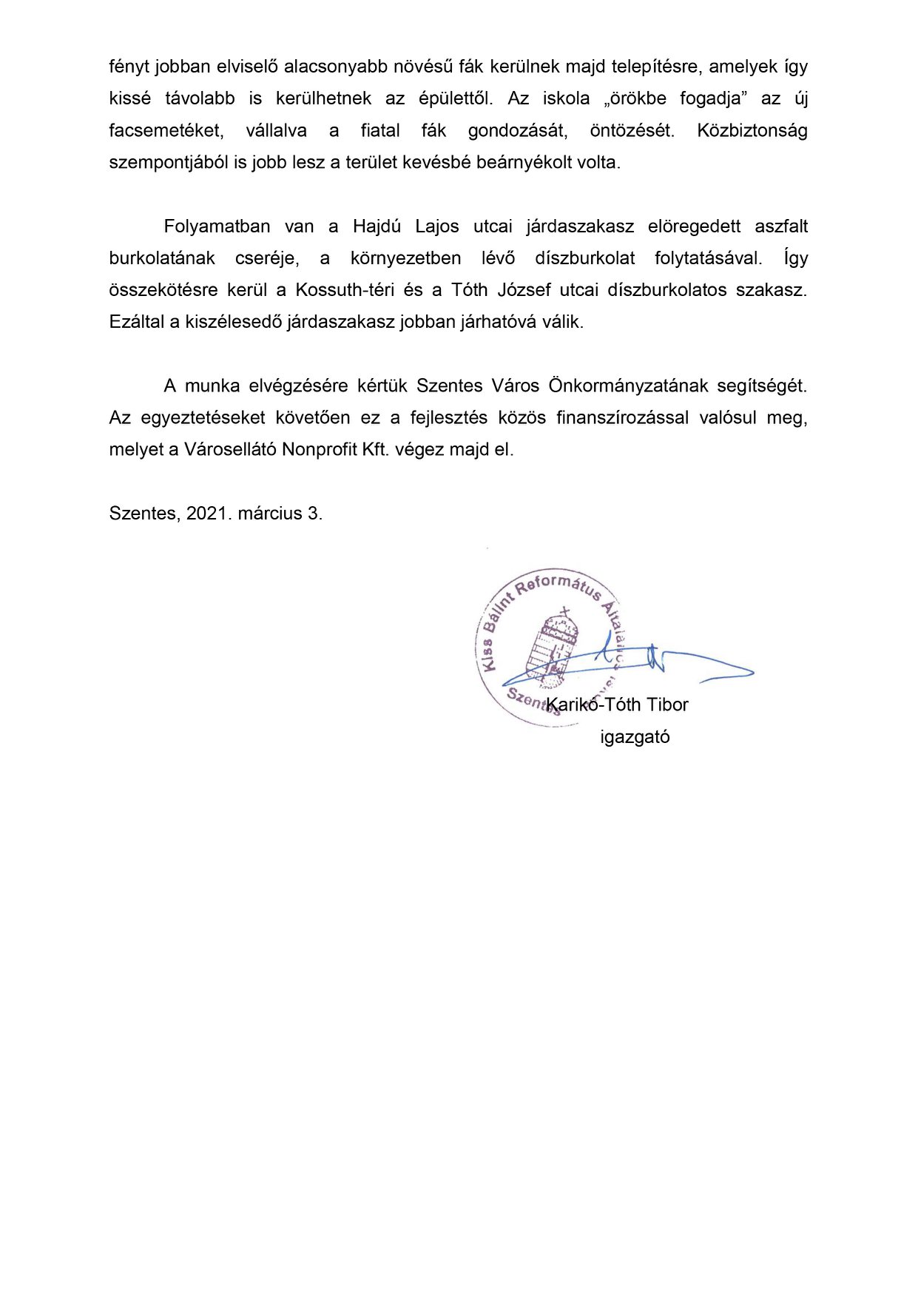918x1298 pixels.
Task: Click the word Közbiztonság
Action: (x=752, y=131)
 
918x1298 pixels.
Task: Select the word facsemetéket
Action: (x=166, y=131)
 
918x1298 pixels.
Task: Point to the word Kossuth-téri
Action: (x=345, y=290)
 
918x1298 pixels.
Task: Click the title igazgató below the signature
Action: (x=635, y=737)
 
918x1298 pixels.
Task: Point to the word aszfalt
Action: (x=781, y=226)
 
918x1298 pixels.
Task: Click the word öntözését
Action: (x=632, y=131)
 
